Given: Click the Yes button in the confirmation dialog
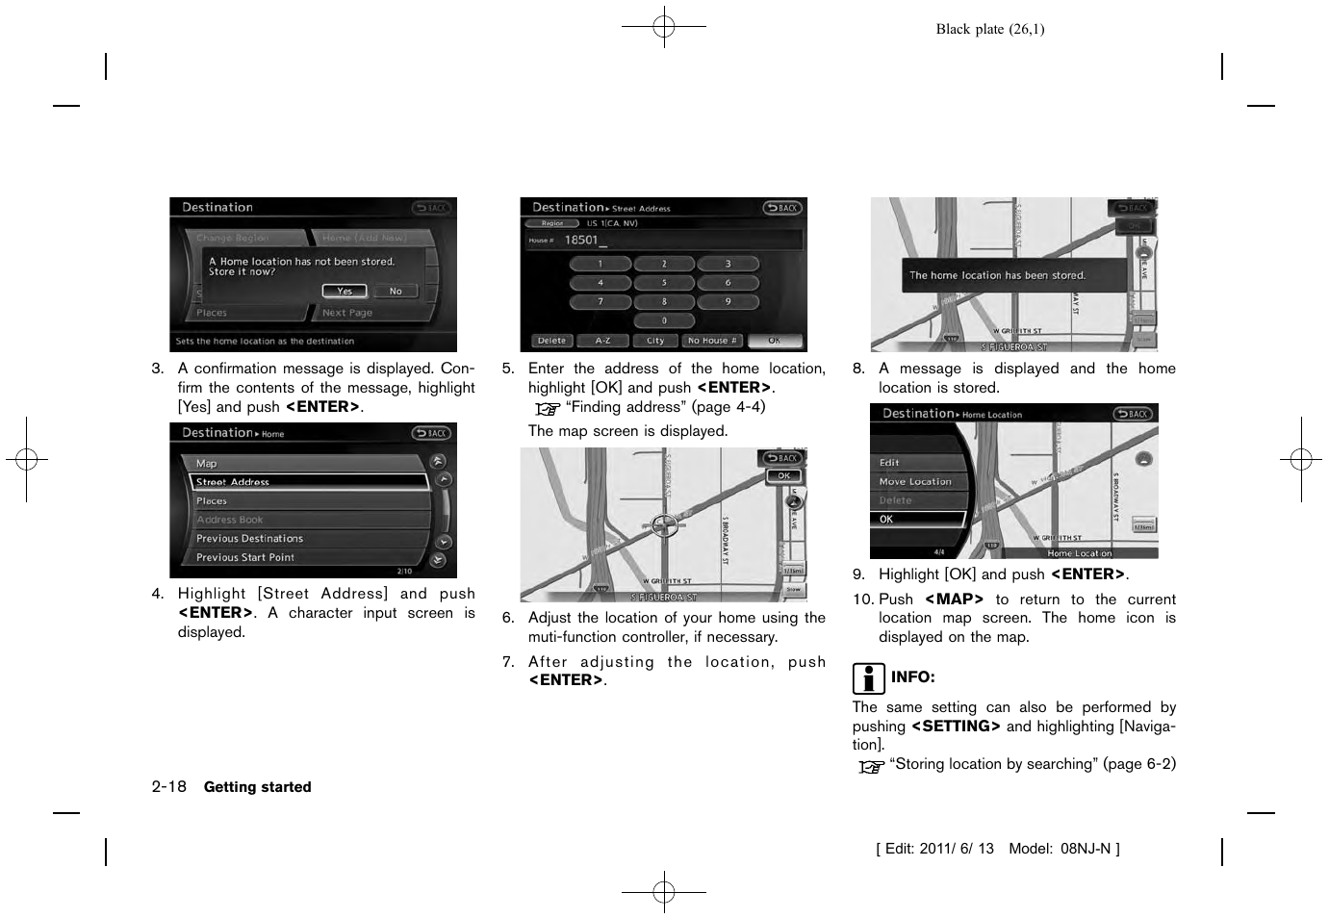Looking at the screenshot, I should click(x=345, y=291).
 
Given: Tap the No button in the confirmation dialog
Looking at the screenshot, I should click(x=396, y=291).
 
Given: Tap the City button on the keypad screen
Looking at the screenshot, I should click(x=655, y=341).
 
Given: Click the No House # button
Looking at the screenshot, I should click(x=712, y=341).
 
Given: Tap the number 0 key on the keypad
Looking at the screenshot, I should click(x=664, y=320).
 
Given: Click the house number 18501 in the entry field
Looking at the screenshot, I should click(x=581, y=241).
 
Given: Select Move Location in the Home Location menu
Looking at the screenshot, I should click(x=915, y=481).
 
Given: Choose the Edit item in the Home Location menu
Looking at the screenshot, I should click(x=890, y=463).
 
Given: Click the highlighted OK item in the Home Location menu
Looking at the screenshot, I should click(x=916, y=519).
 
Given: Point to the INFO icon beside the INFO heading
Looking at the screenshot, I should click(x=868, y=678).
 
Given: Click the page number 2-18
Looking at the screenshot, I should click(x=168, y=786).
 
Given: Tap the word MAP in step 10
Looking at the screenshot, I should click(x=954, y=599).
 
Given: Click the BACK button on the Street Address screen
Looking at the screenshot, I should click(x=783, y=208).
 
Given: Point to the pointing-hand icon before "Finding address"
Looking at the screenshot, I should click(x=548, y=408).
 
